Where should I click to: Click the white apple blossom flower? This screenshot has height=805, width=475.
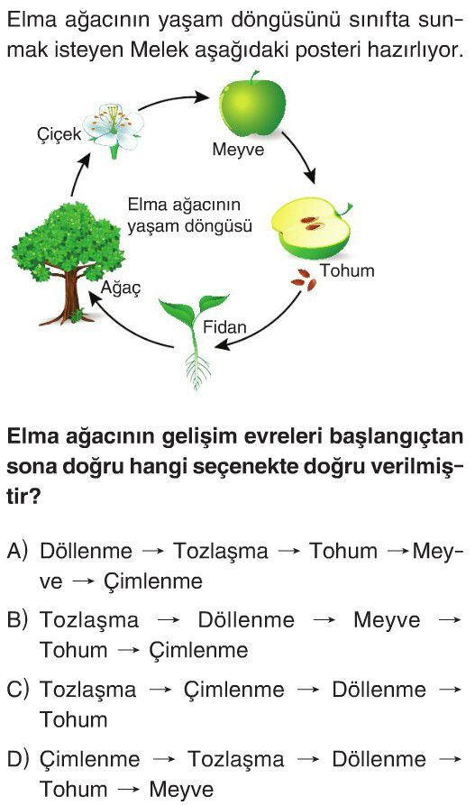(114, 129)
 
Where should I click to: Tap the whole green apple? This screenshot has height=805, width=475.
(252, 105)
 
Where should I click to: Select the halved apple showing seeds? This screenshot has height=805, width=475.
(311, 228)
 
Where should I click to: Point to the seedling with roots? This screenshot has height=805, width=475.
(195, 340)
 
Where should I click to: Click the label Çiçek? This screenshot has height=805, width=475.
(59, 134)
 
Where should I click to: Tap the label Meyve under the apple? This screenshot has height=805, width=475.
(238, 150)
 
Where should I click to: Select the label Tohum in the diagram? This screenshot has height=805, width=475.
(347, 270)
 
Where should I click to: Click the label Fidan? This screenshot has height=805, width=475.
(224, 327)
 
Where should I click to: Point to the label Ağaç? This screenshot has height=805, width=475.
(120, 288)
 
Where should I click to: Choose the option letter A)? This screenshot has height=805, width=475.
(17, 551)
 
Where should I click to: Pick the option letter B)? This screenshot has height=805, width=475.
(17, 619)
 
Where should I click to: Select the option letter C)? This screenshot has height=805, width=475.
(17, 689)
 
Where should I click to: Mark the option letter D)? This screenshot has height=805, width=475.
(17, 759)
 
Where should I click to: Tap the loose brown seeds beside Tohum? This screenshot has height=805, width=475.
(304, 280)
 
